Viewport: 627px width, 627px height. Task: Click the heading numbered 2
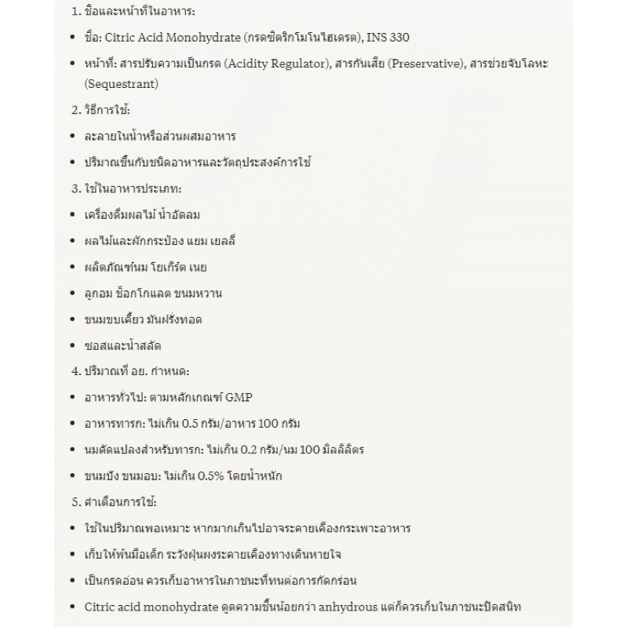[101, 110]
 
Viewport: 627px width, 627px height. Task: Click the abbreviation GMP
[239, 397]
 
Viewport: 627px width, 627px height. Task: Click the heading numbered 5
[115, 502]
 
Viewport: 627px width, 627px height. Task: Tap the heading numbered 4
[129, 371]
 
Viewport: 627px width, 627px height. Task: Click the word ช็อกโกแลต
[144, 293]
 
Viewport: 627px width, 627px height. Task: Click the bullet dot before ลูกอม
[71, 293]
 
